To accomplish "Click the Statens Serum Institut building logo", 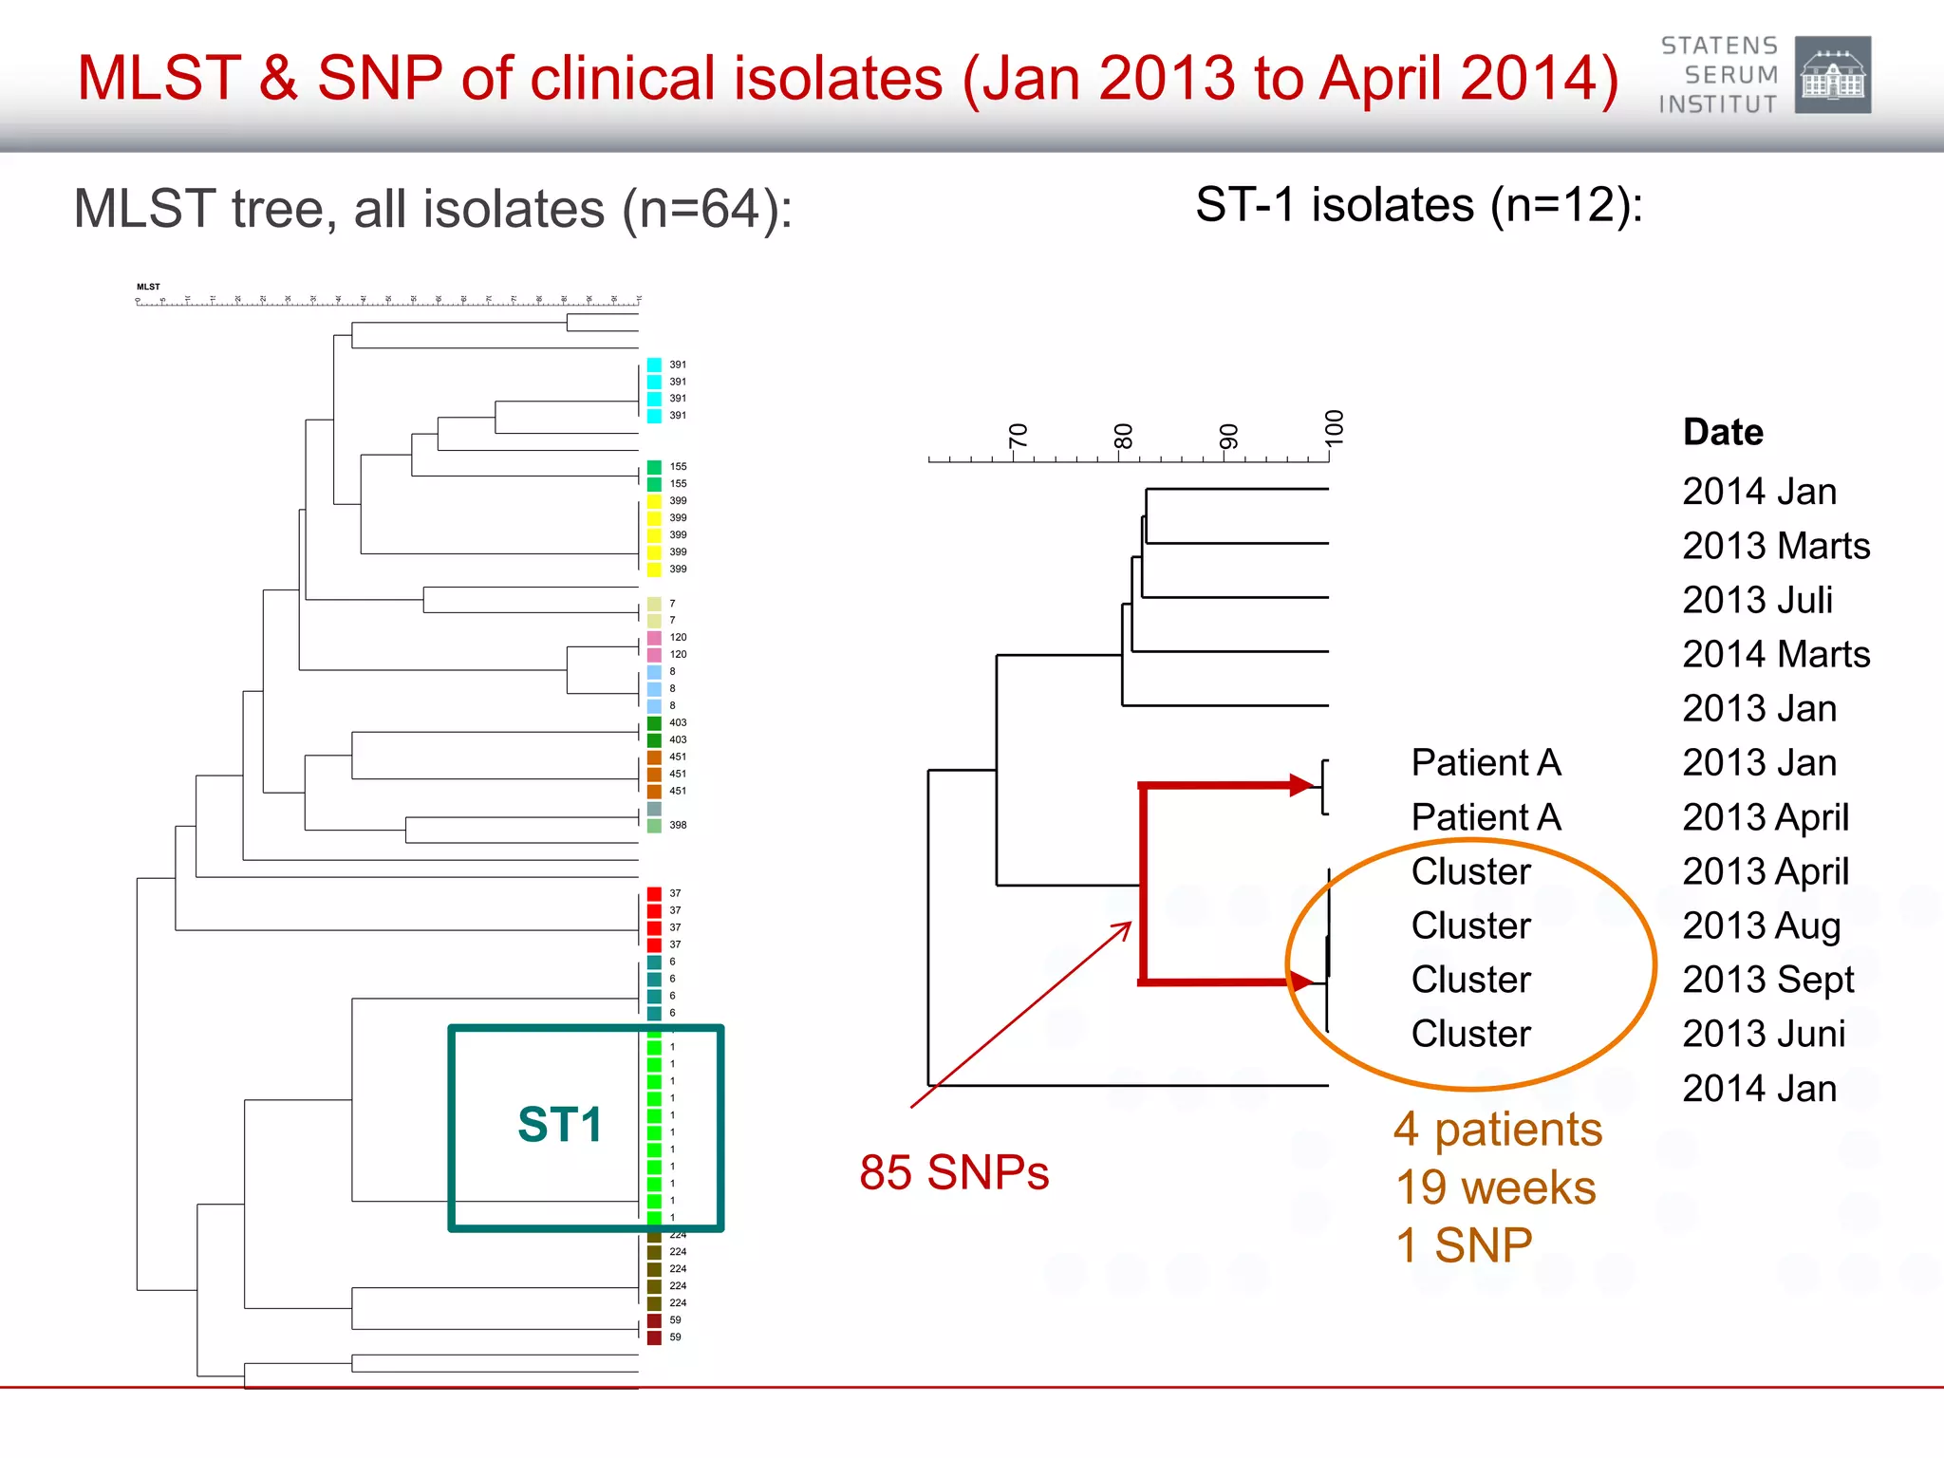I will pos(1832,75).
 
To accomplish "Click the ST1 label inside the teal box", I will pos(560,1125).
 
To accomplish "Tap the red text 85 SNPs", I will pos(954,1172).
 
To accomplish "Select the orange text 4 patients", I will pos(1498,1130).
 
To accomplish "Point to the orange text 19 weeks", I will pos(1496,1187).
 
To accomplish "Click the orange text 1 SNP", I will pos(1464,1245).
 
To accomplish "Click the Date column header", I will pos(1723,432).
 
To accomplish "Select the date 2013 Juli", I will pos(1757,600).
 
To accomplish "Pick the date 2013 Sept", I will pos(1767,980).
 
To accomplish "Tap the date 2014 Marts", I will pos(1776,654).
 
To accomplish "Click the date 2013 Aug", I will pos(1761,925).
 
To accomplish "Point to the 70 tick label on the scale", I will pos(1018,436).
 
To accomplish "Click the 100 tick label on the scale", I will pos(1334,428).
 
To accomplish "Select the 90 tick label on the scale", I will pos(1228,436).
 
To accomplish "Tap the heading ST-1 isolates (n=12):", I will pos(1419,204).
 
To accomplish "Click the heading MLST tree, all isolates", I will pos(433,209).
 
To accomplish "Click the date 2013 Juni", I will pos(1764,1034).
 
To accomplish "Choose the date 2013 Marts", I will pos(1776,546).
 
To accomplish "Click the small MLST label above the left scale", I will pos(148,287).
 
